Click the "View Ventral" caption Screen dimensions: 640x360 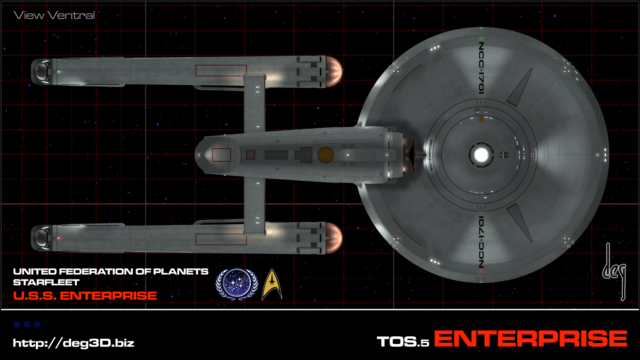54,15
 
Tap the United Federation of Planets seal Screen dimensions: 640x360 237,284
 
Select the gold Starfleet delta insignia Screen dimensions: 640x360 272,284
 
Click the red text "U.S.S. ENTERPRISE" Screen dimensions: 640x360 85,296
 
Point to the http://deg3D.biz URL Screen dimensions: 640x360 74,343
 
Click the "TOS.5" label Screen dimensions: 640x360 403,342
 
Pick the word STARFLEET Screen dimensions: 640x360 46,282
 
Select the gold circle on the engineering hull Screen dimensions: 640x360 326,155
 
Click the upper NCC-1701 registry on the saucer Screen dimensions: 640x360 481,68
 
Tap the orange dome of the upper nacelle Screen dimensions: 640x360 334,72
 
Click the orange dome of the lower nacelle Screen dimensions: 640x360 334,238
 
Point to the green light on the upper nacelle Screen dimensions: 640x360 60,72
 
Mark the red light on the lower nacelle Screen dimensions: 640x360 60,238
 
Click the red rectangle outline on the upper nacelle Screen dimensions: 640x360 221,71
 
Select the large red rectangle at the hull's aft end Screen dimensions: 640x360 222,155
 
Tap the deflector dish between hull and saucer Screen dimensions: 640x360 413,154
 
